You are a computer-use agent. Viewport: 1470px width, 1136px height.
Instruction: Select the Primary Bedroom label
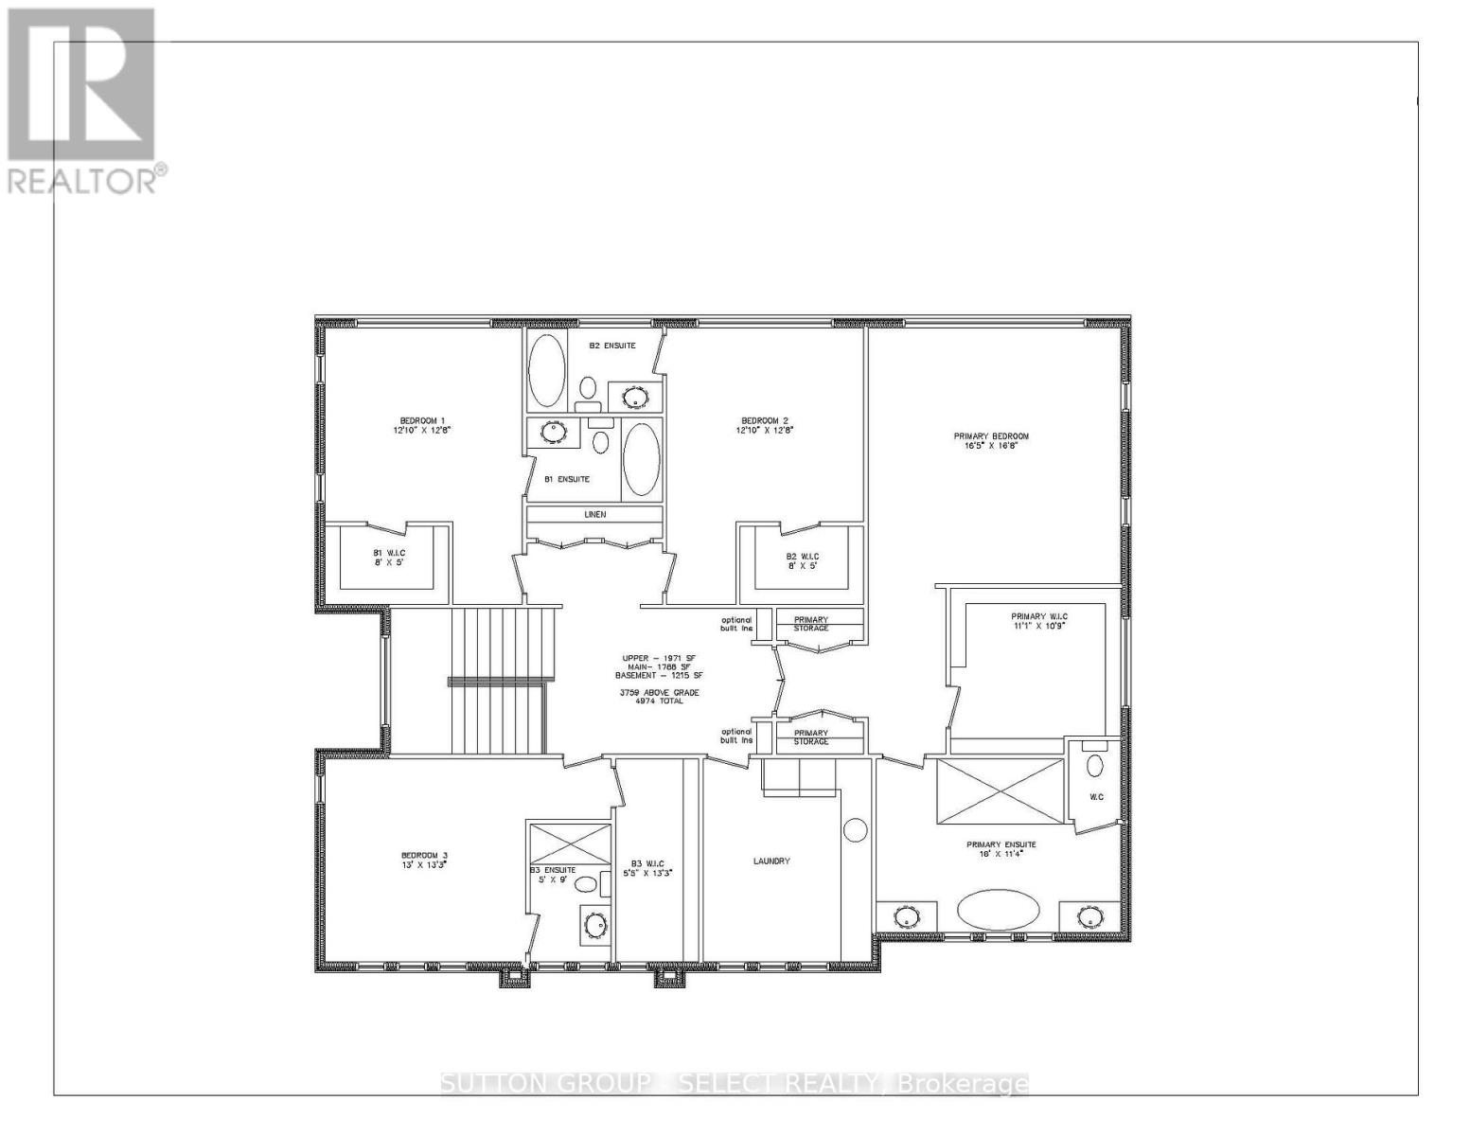coord(990,436)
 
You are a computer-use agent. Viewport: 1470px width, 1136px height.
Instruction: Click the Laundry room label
coord(771,861)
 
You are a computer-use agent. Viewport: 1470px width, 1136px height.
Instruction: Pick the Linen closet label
coord(594,514)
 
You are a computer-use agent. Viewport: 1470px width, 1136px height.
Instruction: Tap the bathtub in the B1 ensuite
coord(642,460)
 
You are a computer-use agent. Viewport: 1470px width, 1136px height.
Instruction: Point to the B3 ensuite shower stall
coord(570,842)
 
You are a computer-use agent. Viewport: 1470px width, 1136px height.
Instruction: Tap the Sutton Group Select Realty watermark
coord(735,1083)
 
